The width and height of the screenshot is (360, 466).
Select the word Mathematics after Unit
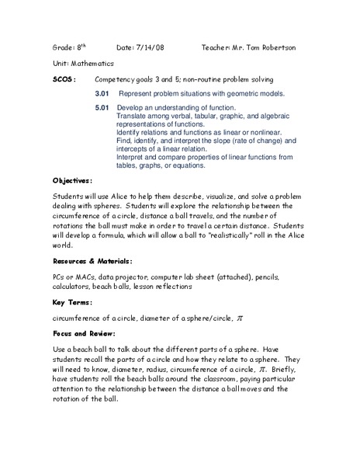pyautogui.click(x=92, y=63)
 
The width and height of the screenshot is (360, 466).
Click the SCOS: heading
pyautogui.click(x=64, y=79)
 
